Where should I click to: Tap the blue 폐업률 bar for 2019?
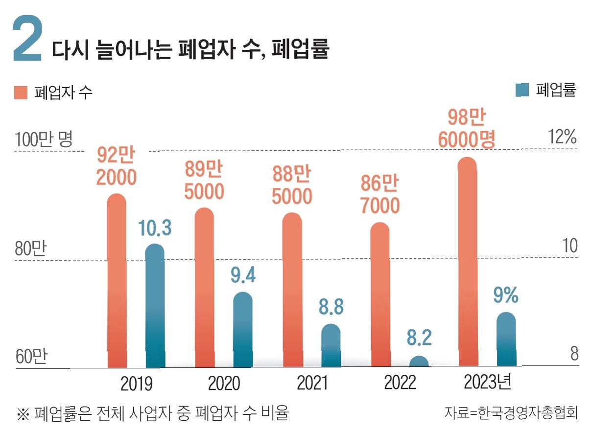click(x=155, y=306)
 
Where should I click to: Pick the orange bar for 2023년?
click(x=468, y=264)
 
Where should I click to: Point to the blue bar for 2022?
click(x=419, y=362)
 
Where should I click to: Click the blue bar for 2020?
click(x=243, y=330)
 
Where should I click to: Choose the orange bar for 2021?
click(x=292, y=291)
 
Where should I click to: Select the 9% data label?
click(x=506, y=295)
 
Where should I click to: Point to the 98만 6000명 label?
click(x=466, y=129)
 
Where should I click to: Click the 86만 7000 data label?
click(x=380, y=195)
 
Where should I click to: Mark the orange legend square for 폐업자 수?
click(x=21, y=92)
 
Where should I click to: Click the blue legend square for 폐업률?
click(x=522, y=90)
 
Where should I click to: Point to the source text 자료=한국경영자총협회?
click(x=511, y=412)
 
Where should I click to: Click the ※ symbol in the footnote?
click(x=23, y=414)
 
